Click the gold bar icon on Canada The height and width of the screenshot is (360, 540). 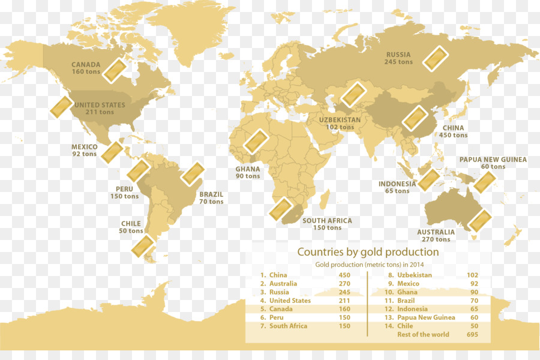tap(115, 70)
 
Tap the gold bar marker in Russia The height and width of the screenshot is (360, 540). tap(435, 59)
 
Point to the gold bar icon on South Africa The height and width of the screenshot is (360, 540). tap(280, 209)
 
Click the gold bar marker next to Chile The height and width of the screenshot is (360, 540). tap(145, 247)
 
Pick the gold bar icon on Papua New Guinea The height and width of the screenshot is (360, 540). tap(484, 182)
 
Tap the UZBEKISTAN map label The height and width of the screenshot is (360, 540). tap(340, 120)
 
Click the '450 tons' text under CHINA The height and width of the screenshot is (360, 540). tap(453, 136)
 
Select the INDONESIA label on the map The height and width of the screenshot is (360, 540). tap(397, 184)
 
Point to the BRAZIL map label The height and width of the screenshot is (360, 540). tap(211, 194)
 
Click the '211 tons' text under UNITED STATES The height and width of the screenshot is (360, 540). tap(100, 112)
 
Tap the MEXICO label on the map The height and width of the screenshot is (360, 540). tap(84, 147)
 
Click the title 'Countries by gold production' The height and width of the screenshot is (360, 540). tap(368, 252)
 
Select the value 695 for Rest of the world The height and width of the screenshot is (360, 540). tap(472, 335)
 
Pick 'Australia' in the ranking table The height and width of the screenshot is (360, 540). tap(283, 284)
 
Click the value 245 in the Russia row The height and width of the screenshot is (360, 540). tap(344, 292)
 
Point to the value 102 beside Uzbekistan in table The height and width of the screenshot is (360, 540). tap(472, 275)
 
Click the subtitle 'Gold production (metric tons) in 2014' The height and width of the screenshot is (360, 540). tap(370, 265)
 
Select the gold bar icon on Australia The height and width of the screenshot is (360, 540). tap(479, 221)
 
